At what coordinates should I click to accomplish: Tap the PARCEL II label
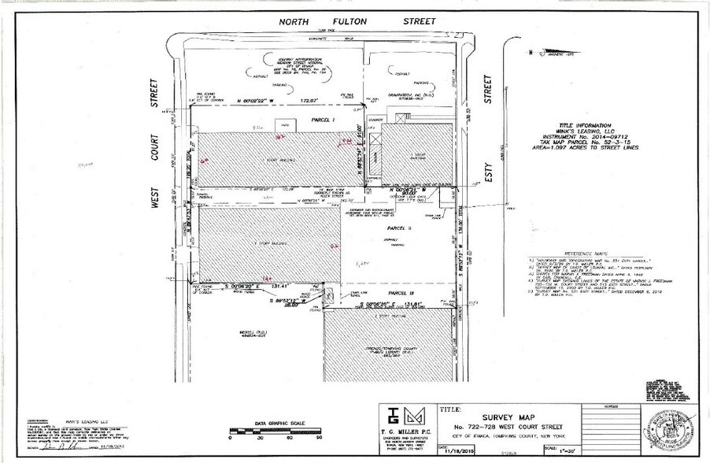pos(399,228)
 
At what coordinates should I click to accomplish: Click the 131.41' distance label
pos(281,287)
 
